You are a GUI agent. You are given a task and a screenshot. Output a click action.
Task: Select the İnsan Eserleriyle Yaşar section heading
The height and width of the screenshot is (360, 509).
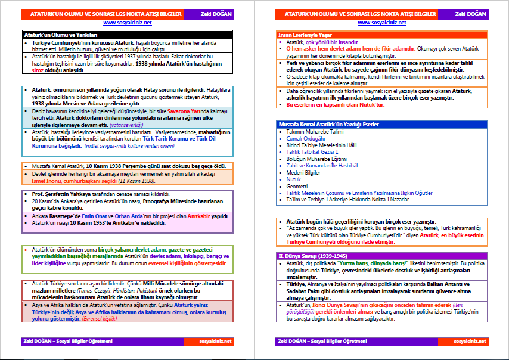pos(306,35)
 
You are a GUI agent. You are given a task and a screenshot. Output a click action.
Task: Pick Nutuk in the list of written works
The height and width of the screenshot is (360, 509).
pos(294,179)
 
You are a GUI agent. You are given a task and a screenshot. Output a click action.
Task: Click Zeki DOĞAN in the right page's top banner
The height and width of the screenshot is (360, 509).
pos(471,13)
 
